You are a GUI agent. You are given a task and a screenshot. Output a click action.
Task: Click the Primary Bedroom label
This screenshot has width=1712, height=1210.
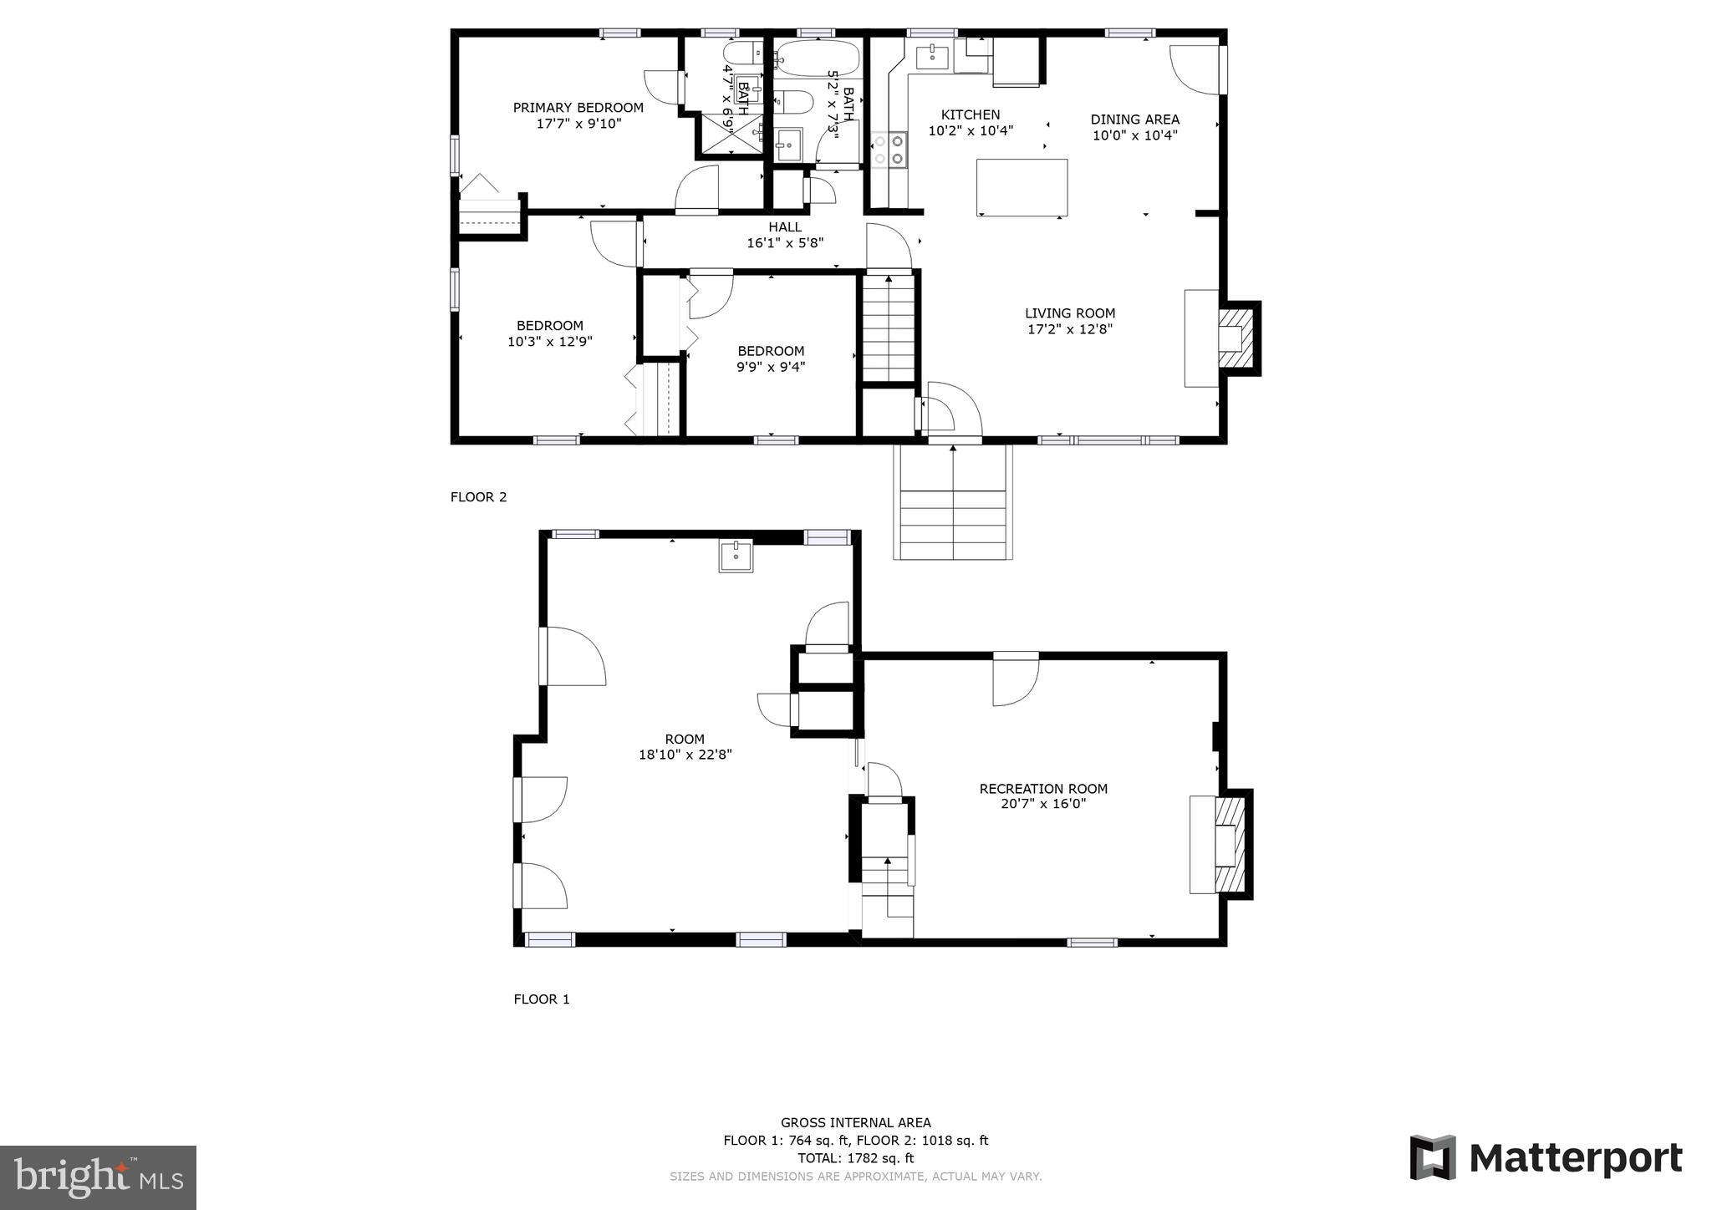click(578, 108)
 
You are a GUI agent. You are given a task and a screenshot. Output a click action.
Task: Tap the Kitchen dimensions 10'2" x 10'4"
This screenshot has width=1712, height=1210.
click(971, 131)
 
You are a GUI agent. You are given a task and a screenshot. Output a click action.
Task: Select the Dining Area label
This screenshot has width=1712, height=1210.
click(1134, 119)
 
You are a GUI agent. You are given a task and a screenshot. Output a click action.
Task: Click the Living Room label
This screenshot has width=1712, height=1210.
click(1069, 313)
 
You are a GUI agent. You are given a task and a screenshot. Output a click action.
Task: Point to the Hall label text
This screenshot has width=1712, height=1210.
click(784, 227)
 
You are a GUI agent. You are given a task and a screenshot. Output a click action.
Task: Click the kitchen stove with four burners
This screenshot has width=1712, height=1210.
click(889, 150)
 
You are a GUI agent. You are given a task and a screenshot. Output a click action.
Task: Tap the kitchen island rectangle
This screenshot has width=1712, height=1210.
click(1022, 187)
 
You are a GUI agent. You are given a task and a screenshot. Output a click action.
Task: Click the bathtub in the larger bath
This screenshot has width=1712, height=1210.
click(816, 58)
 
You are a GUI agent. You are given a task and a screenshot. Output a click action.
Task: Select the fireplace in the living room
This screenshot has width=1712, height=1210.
click(1236, 338)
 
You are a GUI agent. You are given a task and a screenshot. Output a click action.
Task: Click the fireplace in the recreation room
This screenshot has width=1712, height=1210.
click(1229, 845)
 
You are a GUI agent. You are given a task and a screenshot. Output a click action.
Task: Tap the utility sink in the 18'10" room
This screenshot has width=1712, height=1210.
click(736, 556)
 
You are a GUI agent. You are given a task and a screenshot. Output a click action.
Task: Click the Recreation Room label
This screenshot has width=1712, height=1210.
click(1042, 789)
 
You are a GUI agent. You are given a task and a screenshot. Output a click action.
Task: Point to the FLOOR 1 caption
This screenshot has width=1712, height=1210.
click(541, 999)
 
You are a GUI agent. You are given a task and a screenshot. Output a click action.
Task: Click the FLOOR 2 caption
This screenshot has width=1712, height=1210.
click(478, 497)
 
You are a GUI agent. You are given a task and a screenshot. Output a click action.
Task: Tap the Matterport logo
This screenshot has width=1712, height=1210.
click(1546, 1158)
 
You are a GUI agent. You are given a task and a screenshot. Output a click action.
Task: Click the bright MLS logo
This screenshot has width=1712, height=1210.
click(98, 1178)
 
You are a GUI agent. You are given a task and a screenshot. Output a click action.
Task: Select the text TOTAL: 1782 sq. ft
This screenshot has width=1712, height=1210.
click(855, 1158)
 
